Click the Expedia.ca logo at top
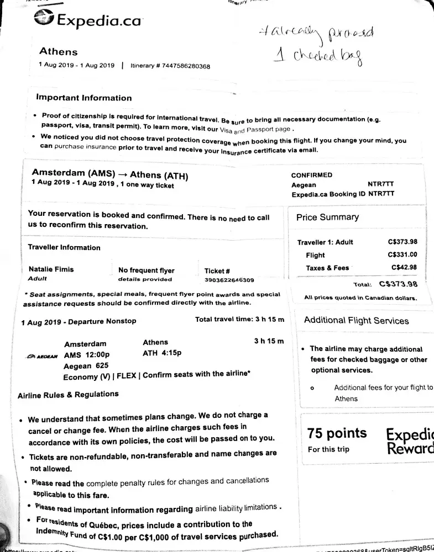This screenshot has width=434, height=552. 87,20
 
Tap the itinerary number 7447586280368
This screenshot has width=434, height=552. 184,66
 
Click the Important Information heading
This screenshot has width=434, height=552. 84,98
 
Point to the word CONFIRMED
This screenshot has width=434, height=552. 312,175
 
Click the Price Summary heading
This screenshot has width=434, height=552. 327,217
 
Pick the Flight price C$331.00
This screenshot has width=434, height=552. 402,255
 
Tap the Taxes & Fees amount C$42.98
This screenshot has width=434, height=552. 404,268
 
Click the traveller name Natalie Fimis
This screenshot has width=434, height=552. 51,269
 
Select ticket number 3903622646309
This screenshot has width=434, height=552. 229,280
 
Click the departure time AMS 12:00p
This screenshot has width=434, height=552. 87,354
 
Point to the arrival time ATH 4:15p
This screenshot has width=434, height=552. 162,353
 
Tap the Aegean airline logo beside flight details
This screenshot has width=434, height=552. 42,356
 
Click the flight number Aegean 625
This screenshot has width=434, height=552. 86,365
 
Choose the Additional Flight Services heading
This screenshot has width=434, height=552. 356,320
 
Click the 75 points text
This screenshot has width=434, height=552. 337,433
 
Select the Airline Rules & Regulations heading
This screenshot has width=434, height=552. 68,395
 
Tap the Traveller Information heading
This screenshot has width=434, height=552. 64,247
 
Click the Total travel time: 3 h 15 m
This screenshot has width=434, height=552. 239,320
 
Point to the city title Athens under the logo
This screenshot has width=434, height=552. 59,51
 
